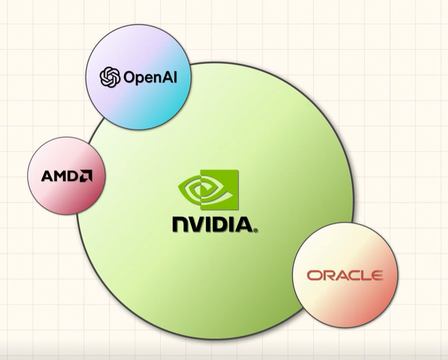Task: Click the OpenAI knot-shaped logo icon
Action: (x=110, y=76)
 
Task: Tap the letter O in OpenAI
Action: (x=129, y=76)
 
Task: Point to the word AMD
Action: (x=60, y=176)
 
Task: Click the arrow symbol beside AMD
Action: (x=87, y=175)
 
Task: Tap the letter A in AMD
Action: (x=47, y=176)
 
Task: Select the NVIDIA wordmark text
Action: (x=213, y=225)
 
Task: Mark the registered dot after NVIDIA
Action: (x=255, y=230)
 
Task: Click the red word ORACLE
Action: (x=344, y=275)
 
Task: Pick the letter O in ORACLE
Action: (x=314, y=275)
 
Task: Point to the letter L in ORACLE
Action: (x=364, y=275)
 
